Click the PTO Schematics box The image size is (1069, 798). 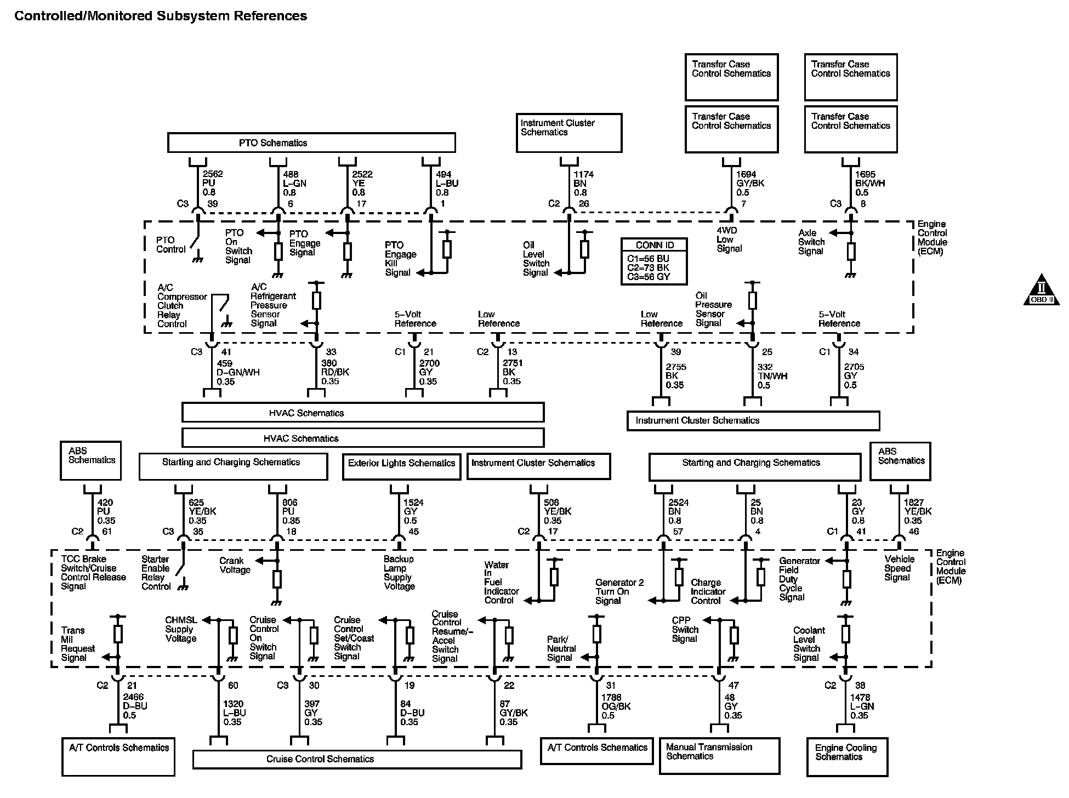(x=311, y=142)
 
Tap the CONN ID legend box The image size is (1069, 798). (x=654, y=261)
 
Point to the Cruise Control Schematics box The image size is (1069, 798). (x=357, y=759)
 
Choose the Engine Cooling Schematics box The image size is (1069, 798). (x=846, y=756)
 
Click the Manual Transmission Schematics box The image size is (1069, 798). (x=719, y=755)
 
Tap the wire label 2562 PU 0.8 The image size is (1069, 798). (x=212, y=183)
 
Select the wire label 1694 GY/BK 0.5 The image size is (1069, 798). (x=749, y=184)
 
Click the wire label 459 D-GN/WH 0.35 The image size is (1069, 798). (x=237, y=372)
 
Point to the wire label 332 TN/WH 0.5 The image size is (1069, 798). (x=772, y=376)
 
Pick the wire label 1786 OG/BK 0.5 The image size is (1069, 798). (x=616, y=706)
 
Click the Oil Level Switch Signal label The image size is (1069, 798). (x=536, y=259)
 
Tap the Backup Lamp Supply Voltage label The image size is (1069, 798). (x=399, y=573)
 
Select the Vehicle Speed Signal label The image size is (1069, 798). (x=899, y=568)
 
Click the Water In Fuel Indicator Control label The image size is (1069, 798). (x=501, y=582)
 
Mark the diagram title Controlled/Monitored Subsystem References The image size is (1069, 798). (x=161, y=16)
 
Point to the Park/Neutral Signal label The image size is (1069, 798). (x=561, y=648)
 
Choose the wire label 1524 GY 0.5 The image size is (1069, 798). (x=413, y=511)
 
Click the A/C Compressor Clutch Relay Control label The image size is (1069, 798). (x=181, y=306)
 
